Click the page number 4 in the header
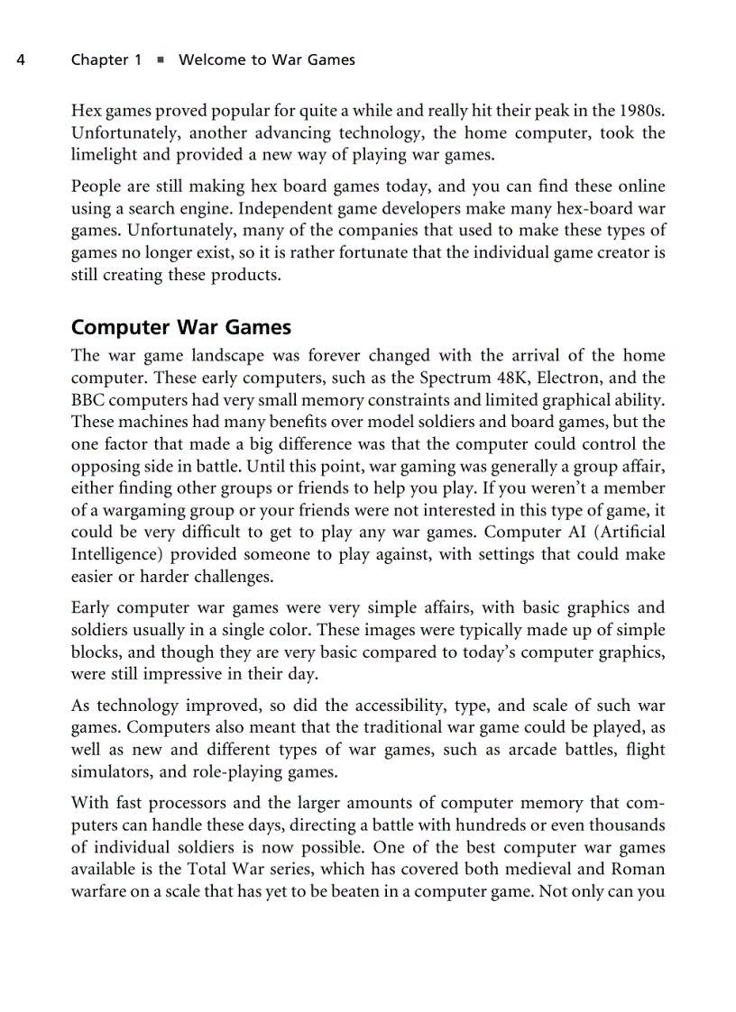20,60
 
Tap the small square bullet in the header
160,60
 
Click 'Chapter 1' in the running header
106,60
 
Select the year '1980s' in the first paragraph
642,111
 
